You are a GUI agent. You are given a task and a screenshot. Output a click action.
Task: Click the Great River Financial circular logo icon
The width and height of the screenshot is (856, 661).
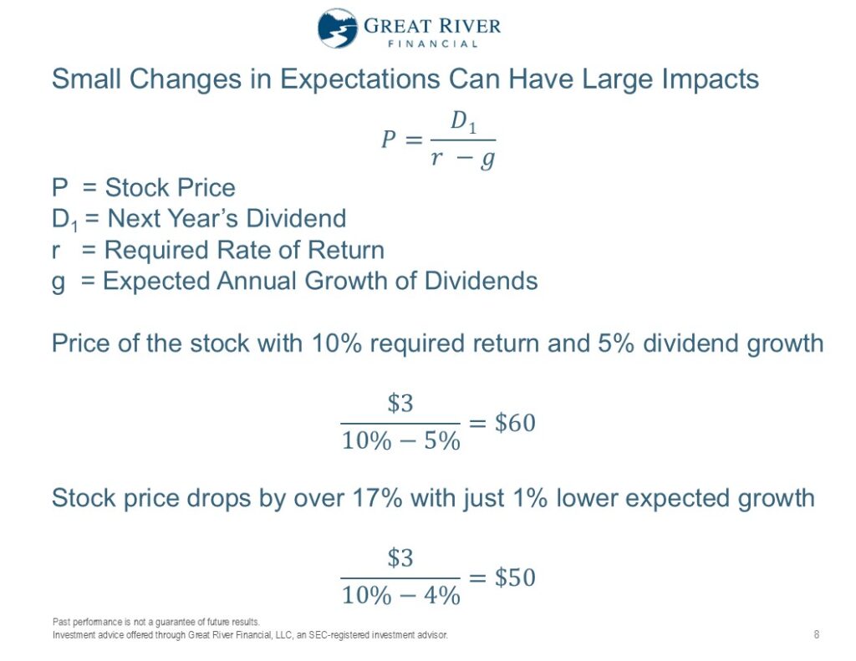[x=338, y=28]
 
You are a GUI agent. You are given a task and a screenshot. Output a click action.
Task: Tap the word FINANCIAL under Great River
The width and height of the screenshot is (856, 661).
[x=432, y=43]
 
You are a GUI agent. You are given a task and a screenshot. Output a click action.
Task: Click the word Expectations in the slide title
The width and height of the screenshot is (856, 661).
[x=359, y=79]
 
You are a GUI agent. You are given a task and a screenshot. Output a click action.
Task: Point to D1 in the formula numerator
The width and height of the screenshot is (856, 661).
[x=463, y=121]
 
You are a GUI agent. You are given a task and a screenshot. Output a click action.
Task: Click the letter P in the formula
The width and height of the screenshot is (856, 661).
[x=388, y=139]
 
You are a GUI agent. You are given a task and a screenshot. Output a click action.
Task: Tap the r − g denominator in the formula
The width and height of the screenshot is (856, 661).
[x=462, y=159]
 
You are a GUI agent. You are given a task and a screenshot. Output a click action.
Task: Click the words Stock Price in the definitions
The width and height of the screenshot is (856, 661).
[x=170, y=188]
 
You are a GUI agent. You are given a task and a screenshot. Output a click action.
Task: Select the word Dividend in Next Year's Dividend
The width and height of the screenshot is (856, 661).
[x=296, y=218]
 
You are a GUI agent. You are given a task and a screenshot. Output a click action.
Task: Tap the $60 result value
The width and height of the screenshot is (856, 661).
[x=515, y=423]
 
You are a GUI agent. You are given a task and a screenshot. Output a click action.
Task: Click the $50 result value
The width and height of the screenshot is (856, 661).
[x=515, y=577]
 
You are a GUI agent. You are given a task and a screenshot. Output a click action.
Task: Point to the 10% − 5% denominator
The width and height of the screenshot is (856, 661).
[x=400, y=440]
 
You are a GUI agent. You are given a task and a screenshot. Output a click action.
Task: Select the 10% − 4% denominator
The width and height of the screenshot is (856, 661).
[x=400, y=595]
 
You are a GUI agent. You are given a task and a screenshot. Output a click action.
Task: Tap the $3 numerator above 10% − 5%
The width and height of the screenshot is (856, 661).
[x=400, y=404]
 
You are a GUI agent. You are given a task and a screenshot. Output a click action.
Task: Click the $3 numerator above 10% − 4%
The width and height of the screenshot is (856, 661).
[x=400, y=558]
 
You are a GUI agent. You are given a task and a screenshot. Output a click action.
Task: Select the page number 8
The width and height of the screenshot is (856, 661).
[x=817, y=634]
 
